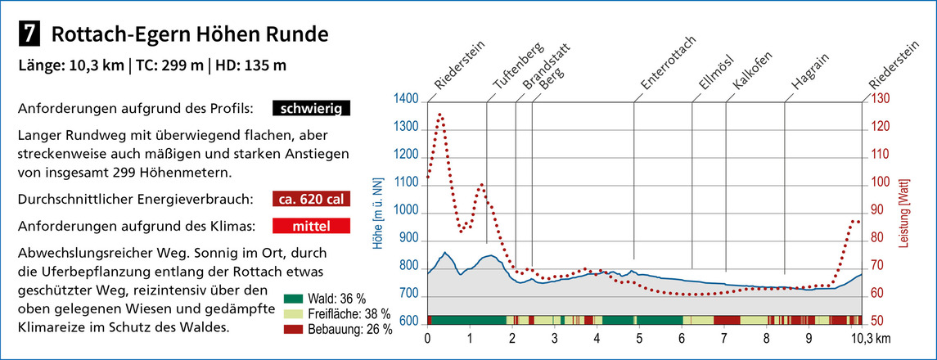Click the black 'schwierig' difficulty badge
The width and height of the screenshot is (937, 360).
312,108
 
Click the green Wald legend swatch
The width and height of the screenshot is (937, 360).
295,299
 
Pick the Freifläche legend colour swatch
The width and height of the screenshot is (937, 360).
295,314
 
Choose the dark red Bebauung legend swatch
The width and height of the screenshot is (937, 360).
295,329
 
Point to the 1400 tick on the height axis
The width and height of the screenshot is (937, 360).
406,100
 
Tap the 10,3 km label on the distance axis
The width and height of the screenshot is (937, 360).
871,337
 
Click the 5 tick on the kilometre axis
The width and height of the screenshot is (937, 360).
639,337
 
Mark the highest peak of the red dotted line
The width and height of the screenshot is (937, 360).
440,115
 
